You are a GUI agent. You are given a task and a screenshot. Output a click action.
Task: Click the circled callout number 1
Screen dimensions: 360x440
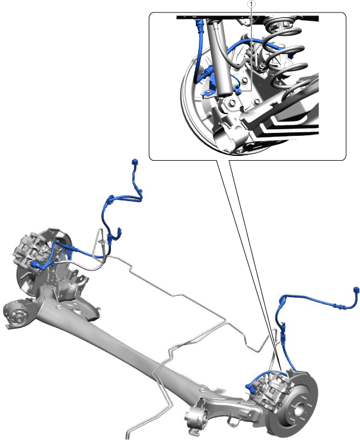click(x=251, y=4)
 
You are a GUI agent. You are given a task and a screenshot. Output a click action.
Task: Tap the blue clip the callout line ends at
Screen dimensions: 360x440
click(x=237, y=90)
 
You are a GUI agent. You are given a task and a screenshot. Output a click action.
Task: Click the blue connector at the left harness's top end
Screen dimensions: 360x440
click(x=135, y=162)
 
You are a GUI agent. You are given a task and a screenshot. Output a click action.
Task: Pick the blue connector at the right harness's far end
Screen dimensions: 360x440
click(x=356, y=290)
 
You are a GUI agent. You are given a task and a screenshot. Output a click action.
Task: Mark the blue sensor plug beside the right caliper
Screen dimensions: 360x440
click(x=250, y=387)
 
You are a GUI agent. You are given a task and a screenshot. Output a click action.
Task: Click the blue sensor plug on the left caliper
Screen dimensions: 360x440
click(x=36, y=264)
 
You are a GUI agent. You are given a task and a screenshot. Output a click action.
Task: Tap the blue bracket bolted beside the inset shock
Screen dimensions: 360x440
click(x=208, y=93)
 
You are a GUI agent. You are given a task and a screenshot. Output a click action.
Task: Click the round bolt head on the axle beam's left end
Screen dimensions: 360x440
click(x=59, y=307)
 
